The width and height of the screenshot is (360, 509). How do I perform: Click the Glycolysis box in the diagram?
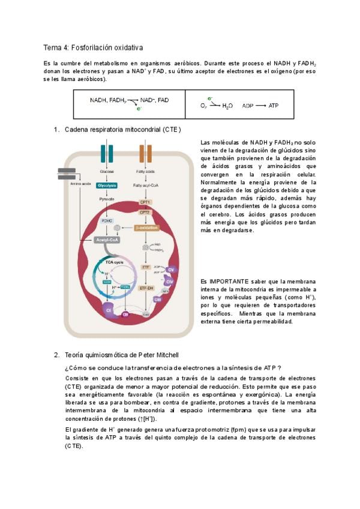pos(107,185)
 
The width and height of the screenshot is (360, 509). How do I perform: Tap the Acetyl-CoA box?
pos(107,239)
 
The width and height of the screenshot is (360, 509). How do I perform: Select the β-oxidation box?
pos(146,229)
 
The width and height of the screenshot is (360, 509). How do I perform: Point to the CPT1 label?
pos(145,202)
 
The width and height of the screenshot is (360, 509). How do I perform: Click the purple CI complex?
pos(109,310)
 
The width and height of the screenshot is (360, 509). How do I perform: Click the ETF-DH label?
pos(146,288)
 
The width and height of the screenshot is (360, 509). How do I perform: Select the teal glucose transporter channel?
pos(107,154)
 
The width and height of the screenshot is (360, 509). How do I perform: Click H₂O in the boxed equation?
pos(227,106)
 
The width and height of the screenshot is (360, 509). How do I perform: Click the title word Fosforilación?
pos(88,47)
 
